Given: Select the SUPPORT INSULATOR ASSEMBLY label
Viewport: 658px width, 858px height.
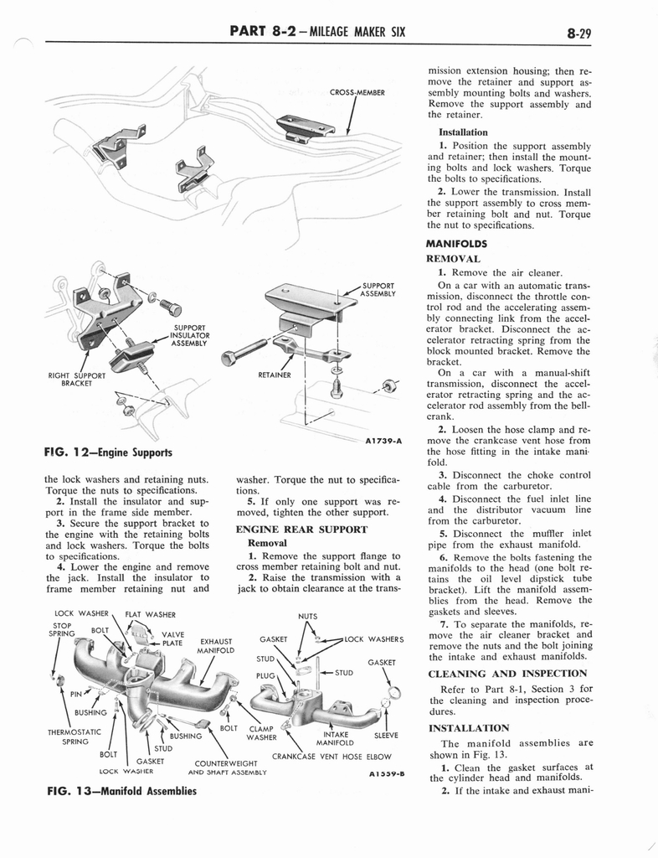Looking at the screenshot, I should (x=191, y=336).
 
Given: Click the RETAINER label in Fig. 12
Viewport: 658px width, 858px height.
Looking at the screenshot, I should (x=275, y=375).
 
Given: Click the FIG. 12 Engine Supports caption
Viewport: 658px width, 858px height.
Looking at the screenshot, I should (x=110, y=452).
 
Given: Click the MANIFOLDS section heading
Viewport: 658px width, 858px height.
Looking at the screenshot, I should (x=457, y=244).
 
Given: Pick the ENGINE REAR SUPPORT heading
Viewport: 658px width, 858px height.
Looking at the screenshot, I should (x=301, y=530).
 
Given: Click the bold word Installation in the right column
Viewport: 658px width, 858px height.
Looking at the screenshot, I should (x=463, y=132).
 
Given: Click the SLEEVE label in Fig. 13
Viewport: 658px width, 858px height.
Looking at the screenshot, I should (x=386, y=736).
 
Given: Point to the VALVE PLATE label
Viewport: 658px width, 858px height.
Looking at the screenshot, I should (x=172, y=639).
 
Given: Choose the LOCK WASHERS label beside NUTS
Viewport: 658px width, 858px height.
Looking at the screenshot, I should (x=374, y=639).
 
